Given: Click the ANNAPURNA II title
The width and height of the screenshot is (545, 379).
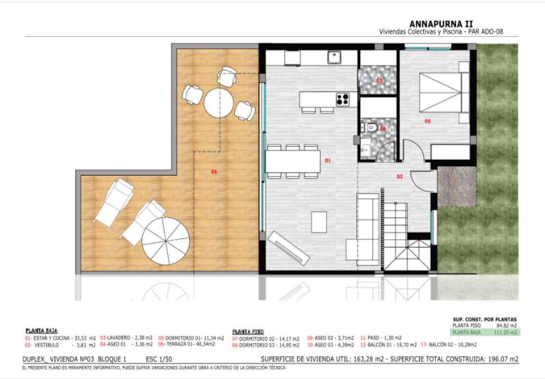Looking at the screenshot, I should [440, 24].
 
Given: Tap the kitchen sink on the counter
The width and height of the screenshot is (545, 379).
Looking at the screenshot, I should [335, 57].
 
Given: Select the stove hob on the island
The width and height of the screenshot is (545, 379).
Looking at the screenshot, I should [343, 99].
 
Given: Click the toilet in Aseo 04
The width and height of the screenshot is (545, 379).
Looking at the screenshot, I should [372, 127].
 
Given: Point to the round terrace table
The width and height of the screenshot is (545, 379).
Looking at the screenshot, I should [219, 100].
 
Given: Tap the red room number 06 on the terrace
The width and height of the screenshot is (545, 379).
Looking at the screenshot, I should [214, 171].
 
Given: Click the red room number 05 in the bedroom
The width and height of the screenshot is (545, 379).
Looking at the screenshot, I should [427, 121].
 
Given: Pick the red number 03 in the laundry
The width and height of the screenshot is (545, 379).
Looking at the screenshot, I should [379, 81].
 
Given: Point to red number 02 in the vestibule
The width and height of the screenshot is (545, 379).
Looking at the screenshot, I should [400, 177].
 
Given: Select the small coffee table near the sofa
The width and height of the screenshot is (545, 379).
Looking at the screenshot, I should [319, 222].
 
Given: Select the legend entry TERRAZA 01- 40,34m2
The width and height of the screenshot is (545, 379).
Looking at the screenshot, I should [186, 344].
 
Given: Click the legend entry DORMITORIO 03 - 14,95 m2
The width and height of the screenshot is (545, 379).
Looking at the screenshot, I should [266, 345].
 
